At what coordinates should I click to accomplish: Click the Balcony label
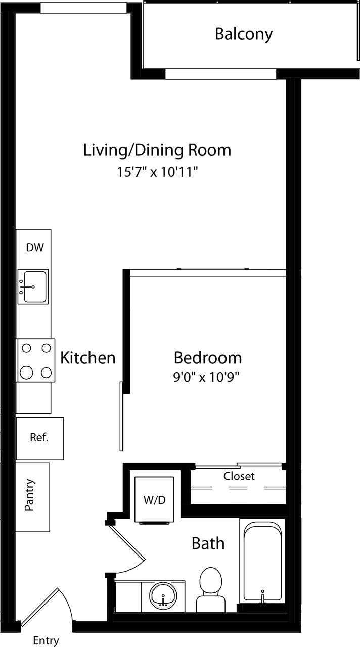(x=243, y=34)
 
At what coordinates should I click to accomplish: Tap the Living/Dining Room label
(x=157, y=150)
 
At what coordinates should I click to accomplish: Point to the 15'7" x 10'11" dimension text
(x=157, y=172)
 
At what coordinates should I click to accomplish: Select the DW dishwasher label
(x=35, y=248)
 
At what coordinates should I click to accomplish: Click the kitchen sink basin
(x=33, y=287)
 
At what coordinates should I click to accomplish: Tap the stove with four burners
(x=36, y=360)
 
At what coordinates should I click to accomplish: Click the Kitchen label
(x=88, y=358)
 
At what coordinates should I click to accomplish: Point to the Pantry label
(x=30, y=495)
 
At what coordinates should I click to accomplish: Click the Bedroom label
(x=207, y=358)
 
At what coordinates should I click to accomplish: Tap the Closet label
(x=239, y=476)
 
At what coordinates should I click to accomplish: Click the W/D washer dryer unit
(x=154, y=499)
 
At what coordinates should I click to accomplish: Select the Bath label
(x=208, y=544)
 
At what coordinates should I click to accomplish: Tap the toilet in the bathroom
(x=211, y=589)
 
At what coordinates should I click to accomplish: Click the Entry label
(x=46, y=640)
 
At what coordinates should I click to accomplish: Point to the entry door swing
(x=48, y=609)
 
